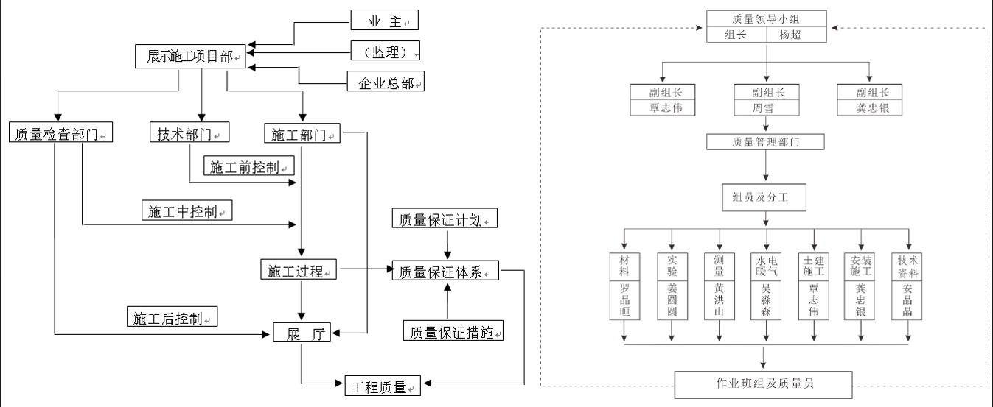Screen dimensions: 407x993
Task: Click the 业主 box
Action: [384, 21]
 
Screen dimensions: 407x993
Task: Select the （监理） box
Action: [384, 51]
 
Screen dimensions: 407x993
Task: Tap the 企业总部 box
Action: [386, 82]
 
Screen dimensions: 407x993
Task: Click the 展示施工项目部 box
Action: [190, 57]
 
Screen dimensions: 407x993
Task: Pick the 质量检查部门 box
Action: [60, 133]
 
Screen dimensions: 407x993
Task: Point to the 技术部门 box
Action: [189, 133]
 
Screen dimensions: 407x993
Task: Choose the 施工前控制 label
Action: [248, 166]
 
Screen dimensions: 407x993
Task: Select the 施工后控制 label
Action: [172, 318]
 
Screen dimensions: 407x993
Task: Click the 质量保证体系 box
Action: [445, 271]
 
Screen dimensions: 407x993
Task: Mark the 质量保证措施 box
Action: [453, 332]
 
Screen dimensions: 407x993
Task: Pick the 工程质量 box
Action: [383, 385]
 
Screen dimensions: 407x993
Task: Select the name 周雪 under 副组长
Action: [767, 108]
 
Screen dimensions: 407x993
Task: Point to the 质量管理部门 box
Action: [766, 141]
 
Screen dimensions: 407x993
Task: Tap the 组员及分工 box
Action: [766, 197]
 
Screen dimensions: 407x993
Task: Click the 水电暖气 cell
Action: [766, 266]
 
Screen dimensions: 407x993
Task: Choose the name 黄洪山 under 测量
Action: [720, 300]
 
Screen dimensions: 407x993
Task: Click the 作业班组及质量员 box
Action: [764, 383]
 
